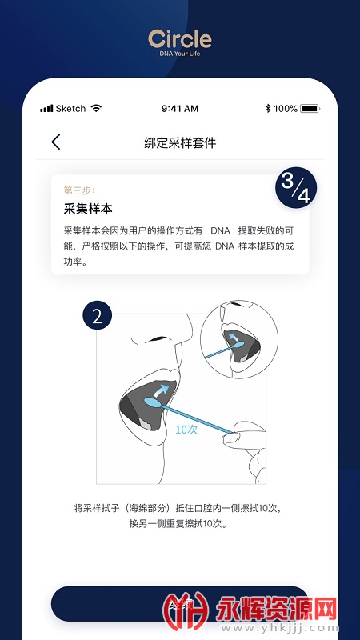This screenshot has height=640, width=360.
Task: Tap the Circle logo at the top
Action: pos(180,38)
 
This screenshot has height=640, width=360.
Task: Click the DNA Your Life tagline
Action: pos(180,54)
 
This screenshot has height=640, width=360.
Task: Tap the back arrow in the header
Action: pos(55,142)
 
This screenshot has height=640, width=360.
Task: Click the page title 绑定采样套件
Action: pos(180,143)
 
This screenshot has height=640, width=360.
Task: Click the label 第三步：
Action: pos(79,190)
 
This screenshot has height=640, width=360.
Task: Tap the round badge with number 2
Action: pos(98,315)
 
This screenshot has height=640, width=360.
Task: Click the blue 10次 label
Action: pos(186,429)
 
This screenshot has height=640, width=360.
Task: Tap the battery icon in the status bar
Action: pos(310,109)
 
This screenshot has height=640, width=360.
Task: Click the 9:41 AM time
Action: pos(179,109)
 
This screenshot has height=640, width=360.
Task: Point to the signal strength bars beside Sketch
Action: pos(46,109)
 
